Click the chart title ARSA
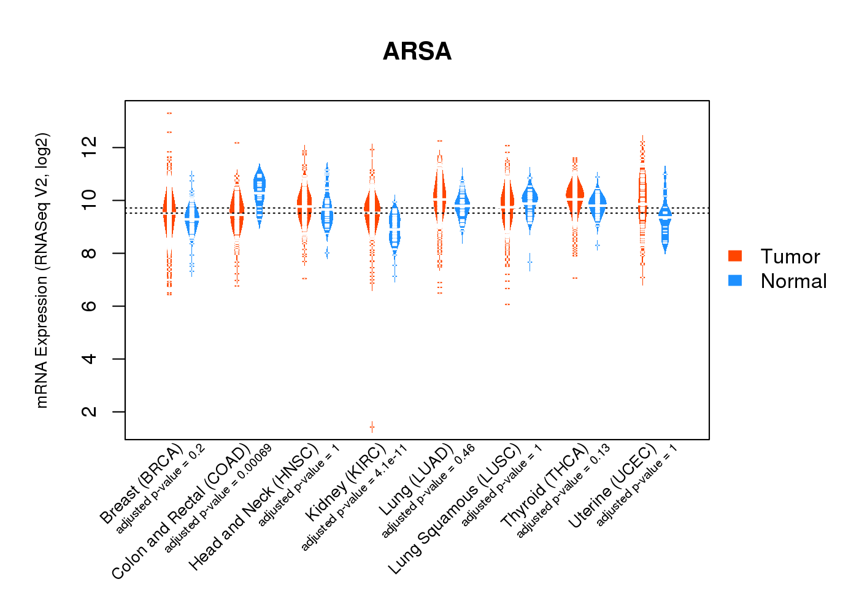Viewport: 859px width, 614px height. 417,52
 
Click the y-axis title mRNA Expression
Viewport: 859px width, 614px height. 42,270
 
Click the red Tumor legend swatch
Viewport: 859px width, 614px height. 735,256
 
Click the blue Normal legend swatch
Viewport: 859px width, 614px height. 735,281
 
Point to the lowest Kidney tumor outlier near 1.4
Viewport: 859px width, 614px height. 372,426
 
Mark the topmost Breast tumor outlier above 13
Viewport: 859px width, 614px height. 169,113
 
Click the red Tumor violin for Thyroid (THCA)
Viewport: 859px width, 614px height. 575,196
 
